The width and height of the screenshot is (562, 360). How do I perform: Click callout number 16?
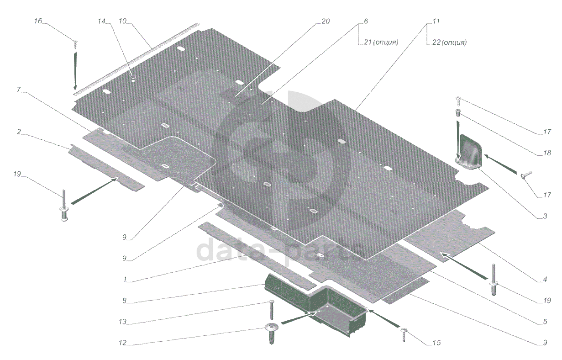38,21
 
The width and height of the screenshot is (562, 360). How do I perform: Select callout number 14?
101,21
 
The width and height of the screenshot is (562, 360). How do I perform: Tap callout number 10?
122,21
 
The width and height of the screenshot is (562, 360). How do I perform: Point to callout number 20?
325,21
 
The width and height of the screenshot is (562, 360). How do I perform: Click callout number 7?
19,90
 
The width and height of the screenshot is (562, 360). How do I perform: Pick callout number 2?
19,132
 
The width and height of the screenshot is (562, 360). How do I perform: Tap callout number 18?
547,154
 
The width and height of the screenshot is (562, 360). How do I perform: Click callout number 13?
122,322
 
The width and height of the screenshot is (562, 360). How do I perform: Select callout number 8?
124,301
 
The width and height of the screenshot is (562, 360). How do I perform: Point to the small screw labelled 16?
75,43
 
